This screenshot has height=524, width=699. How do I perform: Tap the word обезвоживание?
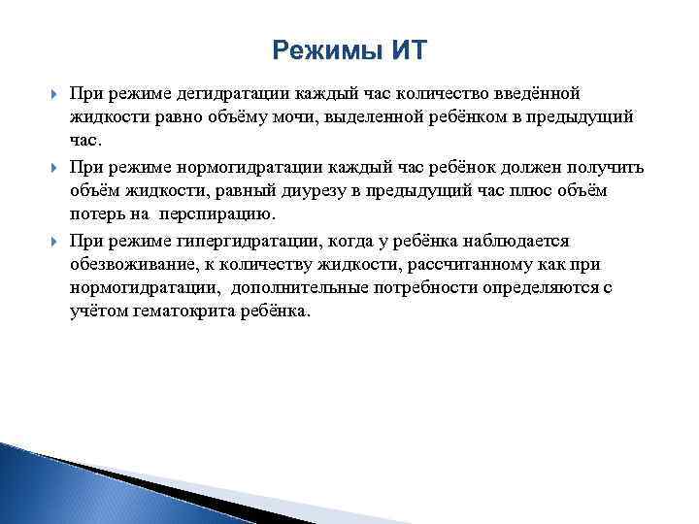click(128, 264)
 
